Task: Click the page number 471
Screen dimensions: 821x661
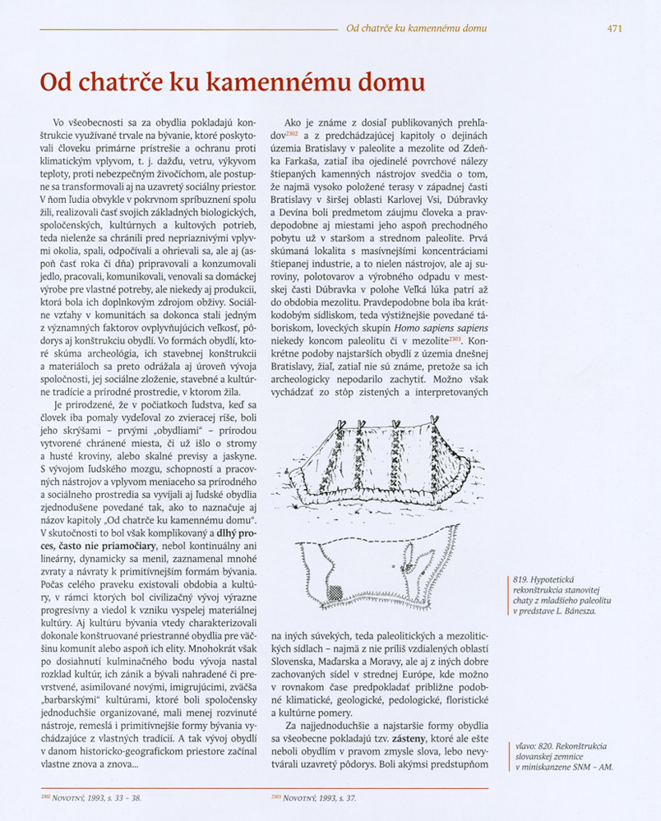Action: point(614,28)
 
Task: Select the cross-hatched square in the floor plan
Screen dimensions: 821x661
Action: point(335,592)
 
